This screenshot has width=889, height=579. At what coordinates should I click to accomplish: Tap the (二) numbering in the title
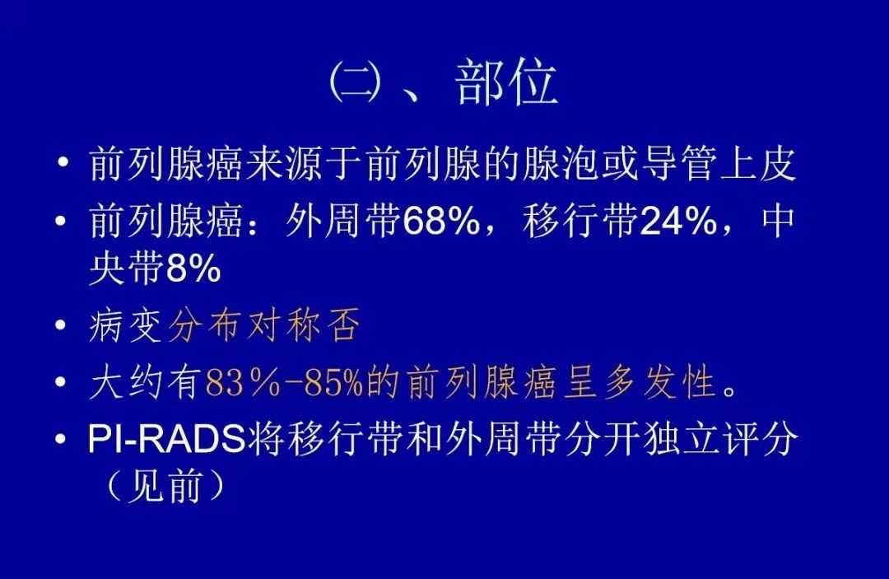[x=358, y=82]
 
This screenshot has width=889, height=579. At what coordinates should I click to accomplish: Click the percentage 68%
[x=444, y=223]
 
